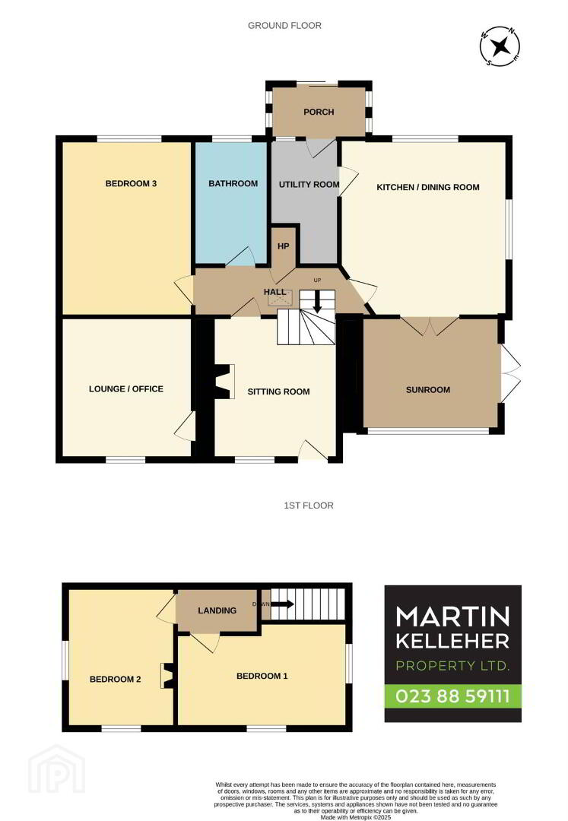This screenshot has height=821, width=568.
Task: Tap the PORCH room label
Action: point(319,112)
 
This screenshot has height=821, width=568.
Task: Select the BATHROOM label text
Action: point(233,184)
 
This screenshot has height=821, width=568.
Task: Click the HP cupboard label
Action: point(283,246)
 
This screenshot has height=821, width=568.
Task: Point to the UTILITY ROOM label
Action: point(309,184)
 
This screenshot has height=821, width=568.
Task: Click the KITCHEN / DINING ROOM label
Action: point(427,187)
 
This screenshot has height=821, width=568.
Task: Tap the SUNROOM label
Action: point(427,389)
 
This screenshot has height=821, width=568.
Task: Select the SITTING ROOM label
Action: point(278,391)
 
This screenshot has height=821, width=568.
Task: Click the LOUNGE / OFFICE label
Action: point(126,389)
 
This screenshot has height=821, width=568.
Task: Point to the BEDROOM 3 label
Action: point(131,184)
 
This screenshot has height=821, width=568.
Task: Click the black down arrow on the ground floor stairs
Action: point(316,302)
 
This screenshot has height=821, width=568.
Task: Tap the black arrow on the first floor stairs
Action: point(282,604)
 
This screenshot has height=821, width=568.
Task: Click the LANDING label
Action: point(217,610)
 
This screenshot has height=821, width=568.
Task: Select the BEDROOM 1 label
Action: point(262,676)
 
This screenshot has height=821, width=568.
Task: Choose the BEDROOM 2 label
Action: point(115,679)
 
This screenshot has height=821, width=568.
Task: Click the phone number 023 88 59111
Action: point(453,696)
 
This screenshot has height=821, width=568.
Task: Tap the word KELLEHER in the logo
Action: point(453,640)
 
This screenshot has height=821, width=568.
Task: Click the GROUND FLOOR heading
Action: point(285,25)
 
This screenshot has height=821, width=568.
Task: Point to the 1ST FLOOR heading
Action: point(309,506)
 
